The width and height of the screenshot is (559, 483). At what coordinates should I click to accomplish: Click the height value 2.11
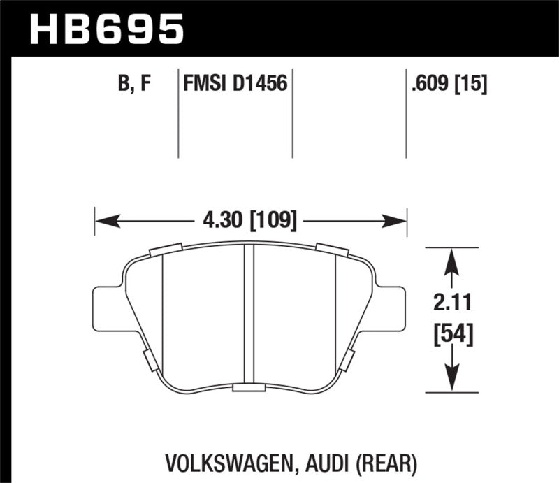point(452,303)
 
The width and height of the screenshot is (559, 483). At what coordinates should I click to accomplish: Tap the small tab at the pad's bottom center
point(249,389)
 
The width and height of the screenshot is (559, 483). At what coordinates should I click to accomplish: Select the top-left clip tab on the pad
point(166,250)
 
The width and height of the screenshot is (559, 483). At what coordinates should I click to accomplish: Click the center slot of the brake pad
point(249,315)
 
